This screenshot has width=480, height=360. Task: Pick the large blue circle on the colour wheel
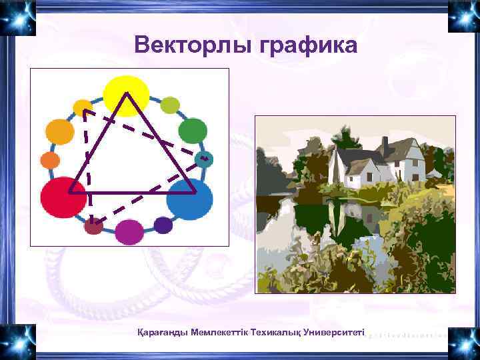tap(189, 199)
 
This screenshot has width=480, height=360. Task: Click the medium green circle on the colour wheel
tap(193, 131)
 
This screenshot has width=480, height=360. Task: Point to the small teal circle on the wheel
tap(205, 159)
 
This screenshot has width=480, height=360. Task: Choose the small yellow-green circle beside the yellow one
tap(171, 105)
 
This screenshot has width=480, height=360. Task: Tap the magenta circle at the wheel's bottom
tap(129, 231)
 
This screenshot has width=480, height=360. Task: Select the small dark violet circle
tap(163, 225)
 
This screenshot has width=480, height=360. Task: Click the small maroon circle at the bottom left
tap(94, 227)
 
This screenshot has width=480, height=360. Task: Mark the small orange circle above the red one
tap(50, 161)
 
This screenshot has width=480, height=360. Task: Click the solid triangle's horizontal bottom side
tap(133, 192)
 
